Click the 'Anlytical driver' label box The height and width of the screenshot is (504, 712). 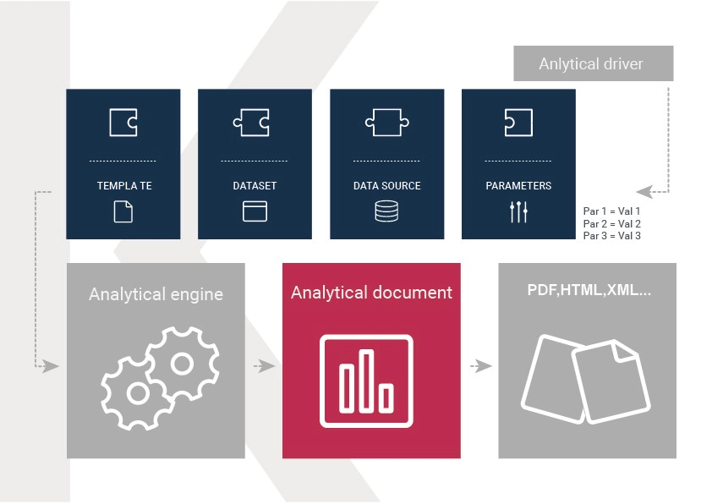(593, 63)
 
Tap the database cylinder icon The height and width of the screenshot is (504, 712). (387, 211)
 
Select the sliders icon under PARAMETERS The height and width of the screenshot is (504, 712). (518, 212)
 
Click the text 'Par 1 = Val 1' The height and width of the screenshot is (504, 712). (611, 211)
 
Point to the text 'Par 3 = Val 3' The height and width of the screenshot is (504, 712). (611, 236)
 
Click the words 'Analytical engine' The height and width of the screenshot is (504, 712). (156, 294)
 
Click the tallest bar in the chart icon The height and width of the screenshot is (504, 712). (366, 381)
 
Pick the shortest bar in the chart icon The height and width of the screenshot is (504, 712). (386, 398)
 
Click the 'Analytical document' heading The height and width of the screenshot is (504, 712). (371, 293)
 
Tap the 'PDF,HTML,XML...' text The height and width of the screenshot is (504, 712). (589, 290)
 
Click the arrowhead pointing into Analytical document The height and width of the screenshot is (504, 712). (269, 366)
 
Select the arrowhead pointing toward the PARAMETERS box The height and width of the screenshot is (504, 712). (644, 192)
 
